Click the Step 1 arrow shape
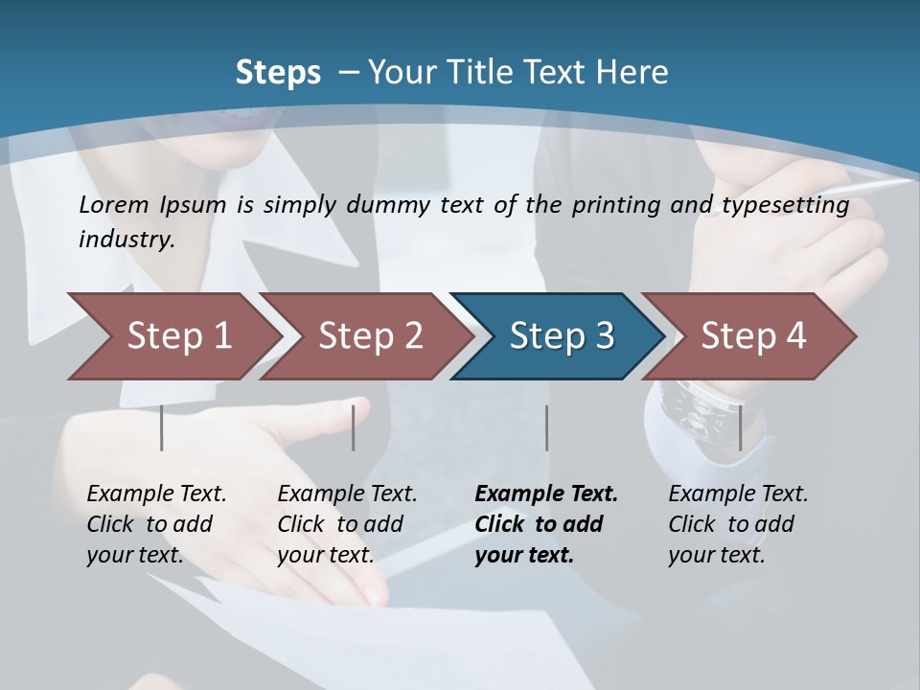(x=172, y=336)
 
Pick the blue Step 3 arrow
(x=558, y=336)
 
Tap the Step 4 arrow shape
(x=749, y=336)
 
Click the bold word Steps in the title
(x=278, y=73)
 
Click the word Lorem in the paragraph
(x=114, y=204)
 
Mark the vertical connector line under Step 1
(x=162, y=427)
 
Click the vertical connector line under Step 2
(x=354, y=427)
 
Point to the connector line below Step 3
(x=547, y=427)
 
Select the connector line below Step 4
(x=741, y=427)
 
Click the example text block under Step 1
(x=156, y=524)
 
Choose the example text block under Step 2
(x=347, y=524)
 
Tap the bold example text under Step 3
(x=545, y=524)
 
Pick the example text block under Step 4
(x=738, y=524)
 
